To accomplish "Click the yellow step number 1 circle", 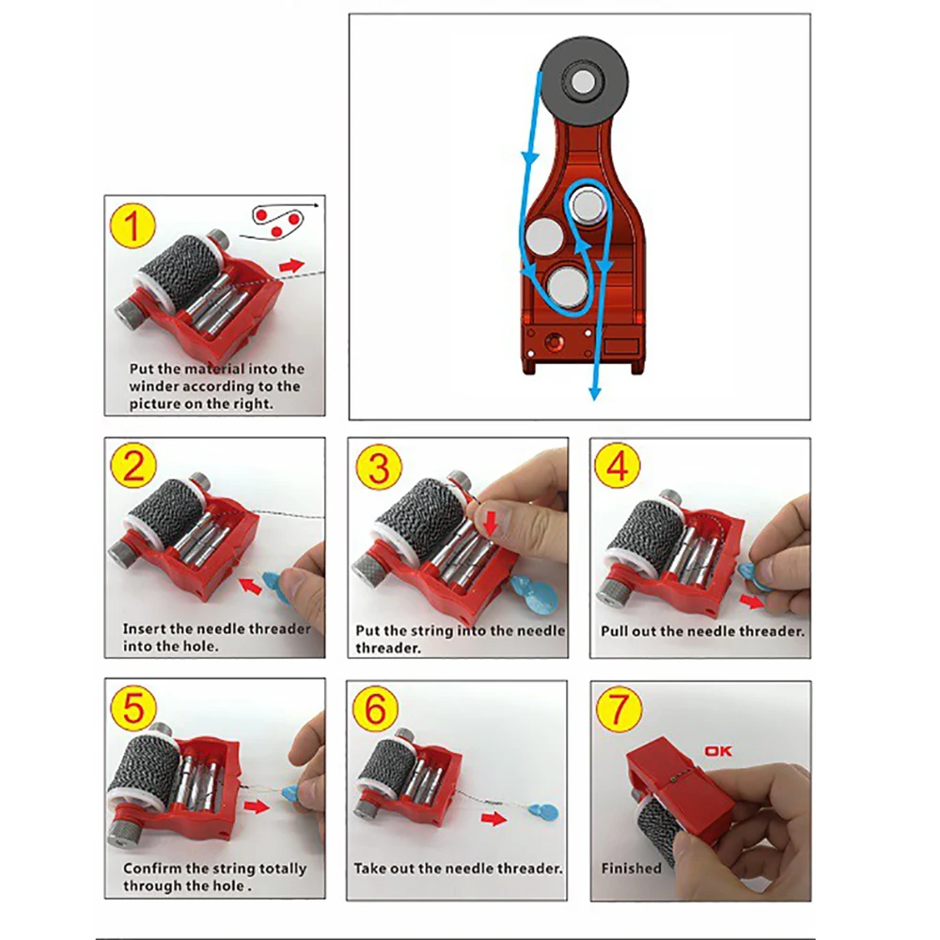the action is point(133,226).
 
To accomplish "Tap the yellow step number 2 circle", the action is point(133,466).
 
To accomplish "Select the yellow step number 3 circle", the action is point(378,467).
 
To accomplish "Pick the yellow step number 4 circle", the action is point(617,465).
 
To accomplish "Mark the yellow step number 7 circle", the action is point(619,709).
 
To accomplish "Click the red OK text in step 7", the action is point(718,750).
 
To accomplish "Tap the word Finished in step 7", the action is point(632,868).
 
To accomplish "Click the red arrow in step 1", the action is point(292,266).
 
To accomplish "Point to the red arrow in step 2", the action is point(251,584).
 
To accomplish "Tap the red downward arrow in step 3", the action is point(491,523).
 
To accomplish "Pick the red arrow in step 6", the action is point(494,819).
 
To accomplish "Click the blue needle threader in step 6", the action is point(544,813).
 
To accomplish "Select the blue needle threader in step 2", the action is point(274,582).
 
